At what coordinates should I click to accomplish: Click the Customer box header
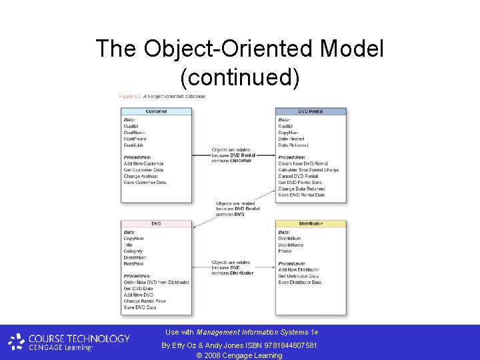click(x=156, y=111)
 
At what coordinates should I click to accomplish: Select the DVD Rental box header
click(x=311, y=111)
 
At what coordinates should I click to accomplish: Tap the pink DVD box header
click(x=156, y=223)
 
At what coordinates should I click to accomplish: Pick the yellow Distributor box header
click(x=311, y=223)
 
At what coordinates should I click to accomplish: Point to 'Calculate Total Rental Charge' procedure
click(x=308, y=170)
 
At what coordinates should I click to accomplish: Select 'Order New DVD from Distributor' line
click(x=156, y=282)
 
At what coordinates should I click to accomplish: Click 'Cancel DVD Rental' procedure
click(x=298, y=176)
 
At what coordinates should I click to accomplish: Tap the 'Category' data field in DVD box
click(x=133, y=251)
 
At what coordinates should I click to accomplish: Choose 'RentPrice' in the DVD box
click(x=134, y=263)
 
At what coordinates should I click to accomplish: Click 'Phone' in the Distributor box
click(x=285, y=251)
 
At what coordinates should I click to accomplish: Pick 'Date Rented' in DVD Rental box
click(x=291, y=139)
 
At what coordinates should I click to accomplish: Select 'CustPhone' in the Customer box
click(x=135, y=139)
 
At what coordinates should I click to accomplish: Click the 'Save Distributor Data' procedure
click(x=300, y=282)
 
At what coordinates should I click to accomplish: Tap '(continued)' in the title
click(x=240, y=77)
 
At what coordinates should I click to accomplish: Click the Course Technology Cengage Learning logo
click(x=69, y=342)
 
